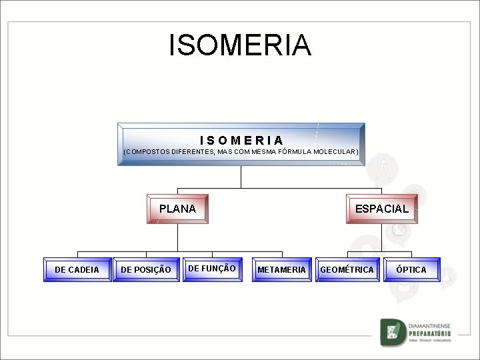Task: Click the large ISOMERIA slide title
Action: click(x=240, y=45)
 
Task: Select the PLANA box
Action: click(x=177, y=209)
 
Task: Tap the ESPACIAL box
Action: click(x=381, y=209)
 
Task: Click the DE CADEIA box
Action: click(x=77, y=270)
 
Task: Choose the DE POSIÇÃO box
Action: click(x=146, y=270)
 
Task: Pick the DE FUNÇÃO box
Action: click(x=212, y=269)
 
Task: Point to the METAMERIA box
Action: click(x=281, y=270)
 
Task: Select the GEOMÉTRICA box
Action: click(x=347, y=269)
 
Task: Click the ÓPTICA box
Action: click(x=411, y=269)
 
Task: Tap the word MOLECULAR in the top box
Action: click(x=335, y=152)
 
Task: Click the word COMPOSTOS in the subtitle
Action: click(x=148, y=152)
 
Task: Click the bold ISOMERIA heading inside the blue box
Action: click(x=241, y=140)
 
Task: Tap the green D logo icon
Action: click(x=392, y=333)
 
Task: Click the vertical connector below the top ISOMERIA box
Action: click(x=241, y=177)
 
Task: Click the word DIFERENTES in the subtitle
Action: click(x=193, y=152)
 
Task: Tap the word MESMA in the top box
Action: click(x=257, y=152)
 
